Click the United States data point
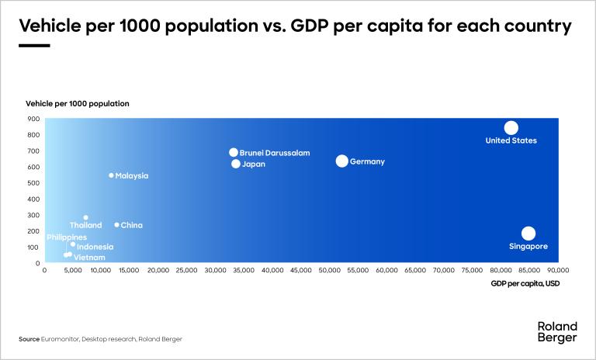511,128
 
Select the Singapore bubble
528,234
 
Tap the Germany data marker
341,161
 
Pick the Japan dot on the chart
236,164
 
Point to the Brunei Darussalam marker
234,152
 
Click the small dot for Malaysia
111,175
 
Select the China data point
116,225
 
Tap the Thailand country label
85,226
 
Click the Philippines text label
67,237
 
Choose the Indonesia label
95,247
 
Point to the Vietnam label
89,257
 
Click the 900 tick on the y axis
33,119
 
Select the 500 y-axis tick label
33,183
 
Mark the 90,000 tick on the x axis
558,272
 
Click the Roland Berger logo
556,331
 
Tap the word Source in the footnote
29,339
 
